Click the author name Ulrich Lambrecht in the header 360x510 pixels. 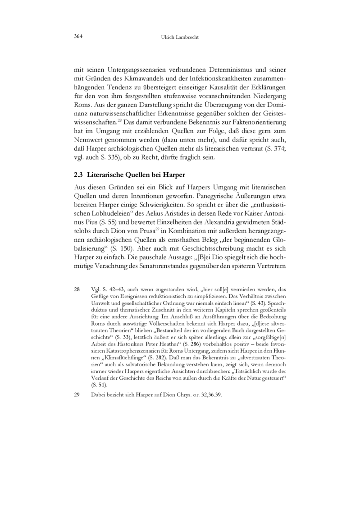180,37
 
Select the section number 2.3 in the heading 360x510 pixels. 78,175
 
